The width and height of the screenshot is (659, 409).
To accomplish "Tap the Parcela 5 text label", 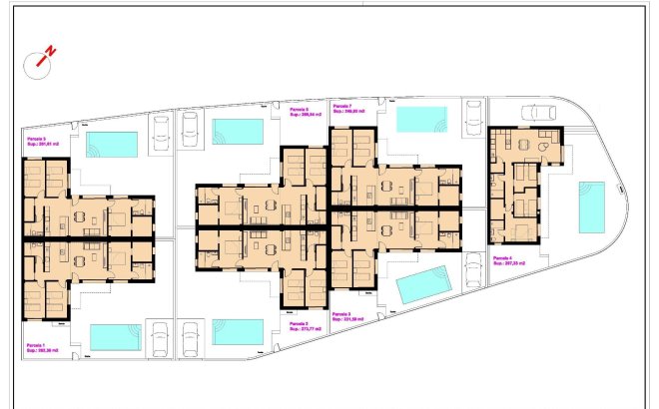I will pyautogui.click(x=38, y=139).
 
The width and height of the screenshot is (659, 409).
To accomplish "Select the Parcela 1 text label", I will pyautogui.click(x=38, y=345).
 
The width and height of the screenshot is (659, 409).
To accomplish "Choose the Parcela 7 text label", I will pyautogui.click(x=343, y=106).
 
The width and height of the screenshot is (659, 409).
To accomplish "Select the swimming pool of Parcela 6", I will pyautogui.click(x=238, y=132).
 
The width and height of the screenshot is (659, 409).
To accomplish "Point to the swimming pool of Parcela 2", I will pyautogui.click(x=238, y=331).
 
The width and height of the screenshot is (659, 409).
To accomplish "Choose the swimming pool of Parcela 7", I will pyautogui.click(x=421, y=119).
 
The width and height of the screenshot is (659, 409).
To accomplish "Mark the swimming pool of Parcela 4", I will pyautogui.click(x=591, y=206).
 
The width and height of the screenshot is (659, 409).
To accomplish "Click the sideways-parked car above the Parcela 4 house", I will pyautogui.click(x=539, y=112).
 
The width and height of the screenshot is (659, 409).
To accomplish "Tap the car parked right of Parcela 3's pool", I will pyautogui.click(x=473, y=272).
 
